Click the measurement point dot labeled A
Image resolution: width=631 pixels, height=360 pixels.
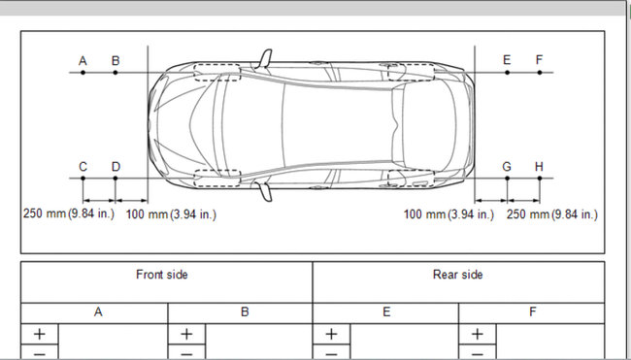pyautogui.click(x=83, y=73)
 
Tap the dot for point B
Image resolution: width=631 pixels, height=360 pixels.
pyautogui.click(x=116, y=73)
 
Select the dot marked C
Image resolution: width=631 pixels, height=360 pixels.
pyautogui.click(x=83, y=178)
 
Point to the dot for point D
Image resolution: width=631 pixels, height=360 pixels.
pyautogui.click(x=116, y=178)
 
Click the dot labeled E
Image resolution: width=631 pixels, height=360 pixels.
pyautogui.click(x=507, y=73)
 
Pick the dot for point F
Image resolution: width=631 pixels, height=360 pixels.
pyautogui.click(x=540, y=73)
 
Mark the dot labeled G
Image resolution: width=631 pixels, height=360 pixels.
pyautogui.click(x=507, y=178)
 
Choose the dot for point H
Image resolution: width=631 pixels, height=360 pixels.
pyautogui.click(x=540, y=178)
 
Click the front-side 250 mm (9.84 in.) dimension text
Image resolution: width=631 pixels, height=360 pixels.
pyautogui.click(x=69, y=213)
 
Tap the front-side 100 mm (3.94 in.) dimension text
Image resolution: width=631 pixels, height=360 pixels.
pyautogui.click(x=171, y=214)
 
